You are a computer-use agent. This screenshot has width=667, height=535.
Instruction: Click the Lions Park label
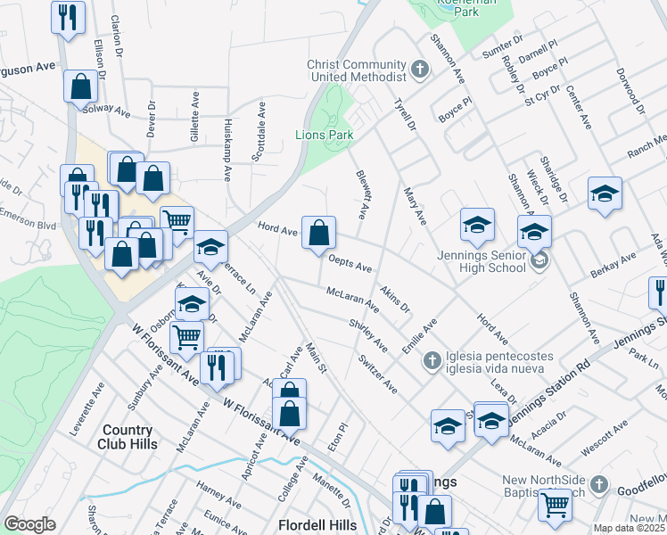pyautogui.click(x=324, y=136)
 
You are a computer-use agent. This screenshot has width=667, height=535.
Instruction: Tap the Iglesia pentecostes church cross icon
pyautogui.click(x=432, y=360)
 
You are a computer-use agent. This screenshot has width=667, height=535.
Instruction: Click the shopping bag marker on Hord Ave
pyautogui.click(x=318, y=234)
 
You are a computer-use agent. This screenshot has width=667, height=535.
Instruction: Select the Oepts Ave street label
pyautogui.click(x=350, y=265)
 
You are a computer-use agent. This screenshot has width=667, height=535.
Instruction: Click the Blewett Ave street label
pyautogui.click(x=362, y=196)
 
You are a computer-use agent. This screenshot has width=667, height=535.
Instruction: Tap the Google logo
pyautogui.click(x=29, y=523)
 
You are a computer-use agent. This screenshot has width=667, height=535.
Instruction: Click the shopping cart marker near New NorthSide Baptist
pyautogui.click(x=555, y=505)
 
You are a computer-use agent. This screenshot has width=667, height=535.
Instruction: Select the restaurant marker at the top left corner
pyautogui.click(x=68, y=17)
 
